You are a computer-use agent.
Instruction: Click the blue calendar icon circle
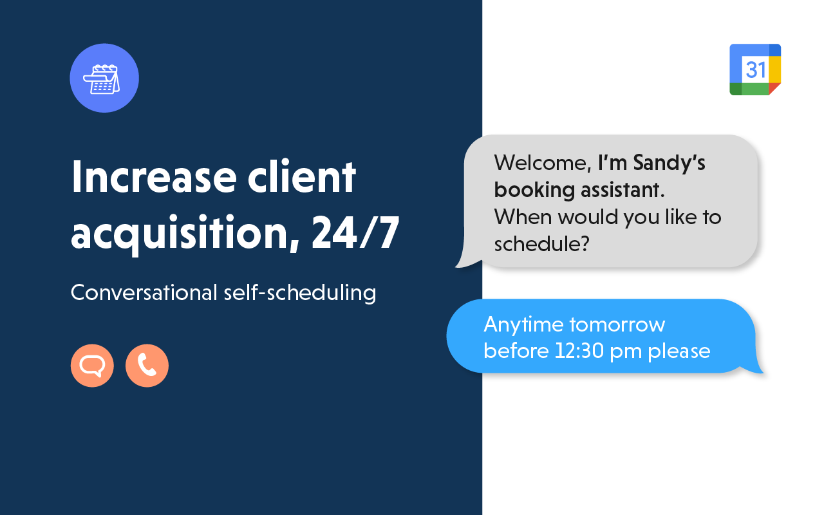[104, 78]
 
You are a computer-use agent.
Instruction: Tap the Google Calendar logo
[755, 70]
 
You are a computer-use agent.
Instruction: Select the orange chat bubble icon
[92, 366]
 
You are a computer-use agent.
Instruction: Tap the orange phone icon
[147, 366]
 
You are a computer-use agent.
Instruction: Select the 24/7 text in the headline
[355, 234]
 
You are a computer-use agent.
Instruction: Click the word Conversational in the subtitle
[144, 292]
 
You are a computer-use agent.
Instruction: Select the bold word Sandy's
[669, 163]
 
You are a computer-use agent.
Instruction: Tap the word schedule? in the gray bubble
[541, 244]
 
